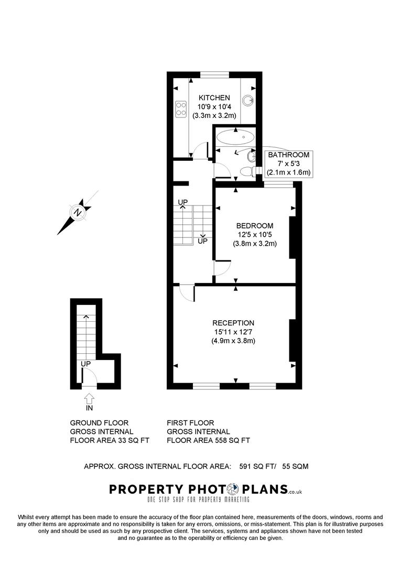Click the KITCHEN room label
pos(214,98)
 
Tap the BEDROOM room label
pos(254,225)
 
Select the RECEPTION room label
pos(233,323)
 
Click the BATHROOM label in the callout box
pos(289,155)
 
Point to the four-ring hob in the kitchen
pos(181,108)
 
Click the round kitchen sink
pos(248,100)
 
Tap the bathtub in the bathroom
pos(234,139)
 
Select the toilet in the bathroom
pos(246,171)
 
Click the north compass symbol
pos(78,212)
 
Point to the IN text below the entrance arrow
pos(89,407)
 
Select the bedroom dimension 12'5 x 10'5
pos(254,234)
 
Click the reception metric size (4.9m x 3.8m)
pos(233,341)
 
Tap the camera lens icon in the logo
pos(232,489)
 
